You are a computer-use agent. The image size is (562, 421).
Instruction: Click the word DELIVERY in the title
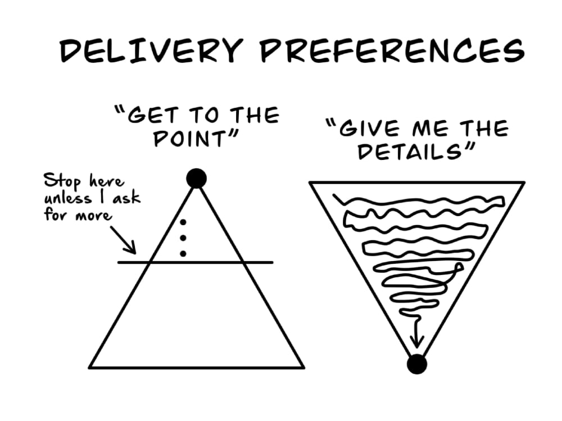(x=151, y=51)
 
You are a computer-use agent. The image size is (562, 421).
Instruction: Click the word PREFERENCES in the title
(x=392, y=51)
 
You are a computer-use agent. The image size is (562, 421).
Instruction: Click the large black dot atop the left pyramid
(x=196, y=178)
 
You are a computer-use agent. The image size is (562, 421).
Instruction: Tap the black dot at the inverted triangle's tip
(x=417, y=364)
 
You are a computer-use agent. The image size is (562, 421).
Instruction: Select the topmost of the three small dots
(x=183, y=222)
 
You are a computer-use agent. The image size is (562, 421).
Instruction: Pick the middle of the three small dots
(x=183, y=237)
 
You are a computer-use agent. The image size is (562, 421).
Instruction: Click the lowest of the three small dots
(x=183, y=254)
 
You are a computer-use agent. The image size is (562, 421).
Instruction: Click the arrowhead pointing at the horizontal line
(x=132, y=249)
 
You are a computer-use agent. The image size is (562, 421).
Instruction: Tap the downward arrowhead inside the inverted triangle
(x=416, y=341)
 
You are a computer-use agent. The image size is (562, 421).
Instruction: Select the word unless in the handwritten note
(x=68, y=198)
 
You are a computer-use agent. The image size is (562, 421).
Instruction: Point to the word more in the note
(x=93, y=216)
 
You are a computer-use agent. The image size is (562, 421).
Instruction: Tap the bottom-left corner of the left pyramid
(x=89, y=367)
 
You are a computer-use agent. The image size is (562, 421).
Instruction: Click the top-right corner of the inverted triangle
(x=524, y=182)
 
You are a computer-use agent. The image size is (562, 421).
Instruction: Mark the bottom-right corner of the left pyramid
(x=304, y=367)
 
